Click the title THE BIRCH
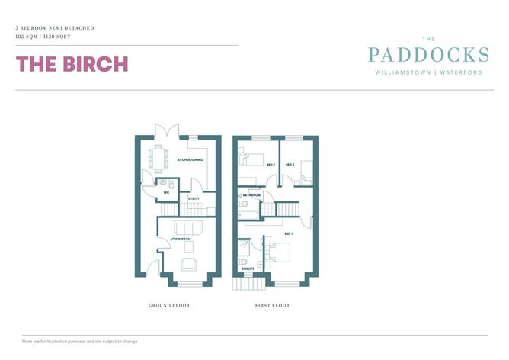click(72, 64)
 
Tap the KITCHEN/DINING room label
click(190, 159)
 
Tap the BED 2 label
click(271, 164)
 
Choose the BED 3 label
click(290, 164)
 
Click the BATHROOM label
click(251, 195)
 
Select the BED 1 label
click(288, 233)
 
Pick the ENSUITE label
click(248, 268)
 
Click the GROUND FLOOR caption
click(169, 306)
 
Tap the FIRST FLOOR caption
click(272, 306)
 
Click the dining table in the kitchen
click(158, 157)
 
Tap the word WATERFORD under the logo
click(459, 73)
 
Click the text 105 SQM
click(28, 36)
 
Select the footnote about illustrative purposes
click(80, 341)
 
